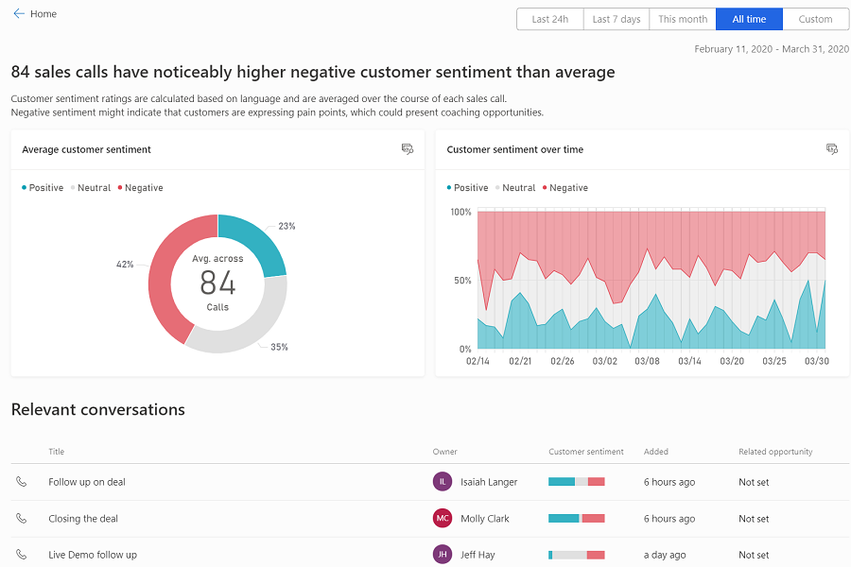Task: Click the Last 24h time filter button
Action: point(549,19)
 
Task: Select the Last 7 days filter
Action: point(616,19)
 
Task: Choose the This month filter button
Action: point(683,19)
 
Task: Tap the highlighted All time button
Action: point(749,19)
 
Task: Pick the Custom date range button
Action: point(815,19)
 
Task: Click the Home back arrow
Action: point(19,14)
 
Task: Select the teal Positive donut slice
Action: point(253,241)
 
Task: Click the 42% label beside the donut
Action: point(125,265)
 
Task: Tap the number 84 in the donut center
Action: point(217,283)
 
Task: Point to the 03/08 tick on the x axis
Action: point(648,361)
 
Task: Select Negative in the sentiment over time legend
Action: point(568,188)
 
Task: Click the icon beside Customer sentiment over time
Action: point(832,149)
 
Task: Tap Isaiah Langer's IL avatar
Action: point(443,482)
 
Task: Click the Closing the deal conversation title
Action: point(83,519)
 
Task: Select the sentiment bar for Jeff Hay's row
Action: point(576,555)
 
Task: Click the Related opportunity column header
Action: point(775,452)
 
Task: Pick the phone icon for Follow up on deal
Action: point(22,482)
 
